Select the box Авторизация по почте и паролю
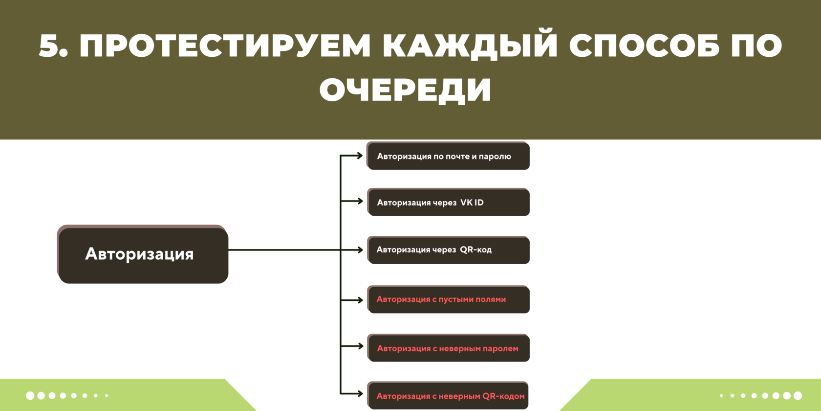click(x=448, y=157)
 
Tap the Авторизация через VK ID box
click(x=448, y=203)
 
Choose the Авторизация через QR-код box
click(x=448, y=250)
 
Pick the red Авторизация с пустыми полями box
click(x=448, y=299)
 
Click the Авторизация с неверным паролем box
click(x=448, y=348)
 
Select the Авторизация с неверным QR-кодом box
click(x=448, y=396)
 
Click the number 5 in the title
click(x=49, y=46)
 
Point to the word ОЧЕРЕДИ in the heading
click(x=405, y=90)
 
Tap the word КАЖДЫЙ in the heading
click(x=470, y=46)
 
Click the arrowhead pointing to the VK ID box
click(x=360, y=201)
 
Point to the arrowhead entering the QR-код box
click(x=360, y=250)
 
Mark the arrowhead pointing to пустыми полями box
click(x=360, y=300)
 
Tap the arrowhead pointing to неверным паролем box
click(x=360, y=346)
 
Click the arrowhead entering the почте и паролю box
click(x=360, y=156)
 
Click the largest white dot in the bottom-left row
click(x=30, y=395)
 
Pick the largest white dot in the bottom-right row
click(x=798, y=395)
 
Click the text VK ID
click(x=472, y=203)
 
